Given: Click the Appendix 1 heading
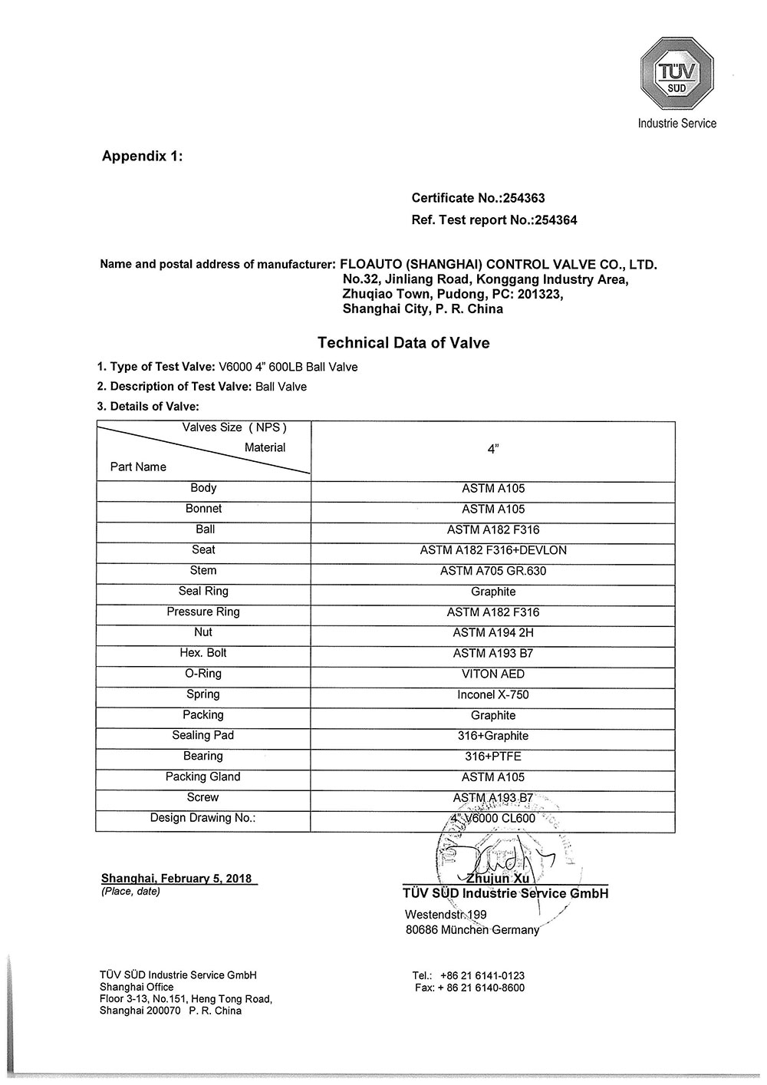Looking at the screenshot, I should click(142, 156).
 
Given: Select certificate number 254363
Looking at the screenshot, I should click(523, 198).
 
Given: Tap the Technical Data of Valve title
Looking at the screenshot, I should click(403, 343).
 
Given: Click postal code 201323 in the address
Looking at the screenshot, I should click(540, 294).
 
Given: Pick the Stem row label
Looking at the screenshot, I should click(203, 570).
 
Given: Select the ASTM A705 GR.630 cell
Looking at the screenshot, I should click(493, 571).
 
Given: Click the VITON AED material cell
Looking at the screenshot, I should click(493, 674).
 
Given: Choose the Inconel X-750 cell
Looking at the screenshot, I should click(493, 694).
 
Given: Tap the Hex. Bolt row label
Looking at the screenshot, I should click(203, 653).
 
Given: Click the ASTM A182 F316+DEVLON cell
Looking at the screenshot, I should click(493, 550).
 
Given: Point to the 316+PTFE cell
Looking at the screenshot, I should click(493, 756).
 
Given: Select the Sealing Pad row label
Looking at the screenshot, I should click(203, 735).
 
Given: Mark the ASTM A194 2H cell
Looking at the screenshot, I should click(493, 632).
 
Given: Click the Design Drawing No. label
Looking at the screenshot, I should click(202, 818).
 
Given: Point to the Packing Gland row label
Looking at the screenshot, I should click(203, 777).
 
